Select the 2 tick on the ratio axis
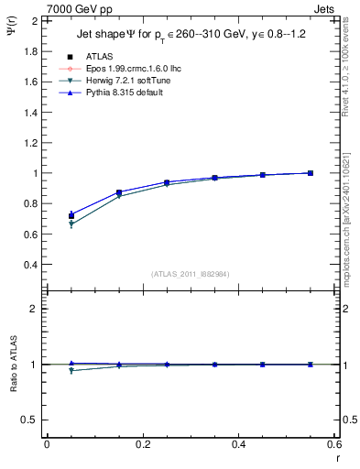tap(35, 309)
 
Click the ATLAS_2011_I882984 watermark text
tap(191, 274)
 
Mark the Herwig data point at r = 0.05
tap(71, 224)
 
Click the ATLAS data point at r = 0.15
tap(119, 192)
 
